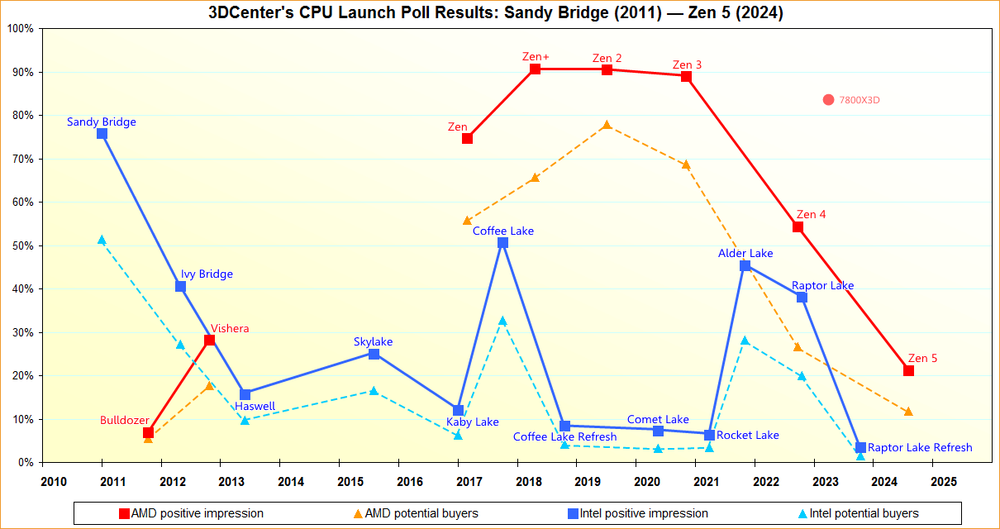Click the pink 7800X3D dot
828,100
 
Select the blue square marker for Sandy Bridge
102,133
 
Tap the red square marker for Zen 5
908,370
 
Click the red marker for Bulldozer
148,433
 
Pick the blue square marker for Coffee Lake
502,243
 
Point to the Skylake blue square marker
374,354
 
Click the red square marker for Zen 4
798,226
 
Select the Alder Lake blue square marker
745,265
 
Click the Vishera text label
230,328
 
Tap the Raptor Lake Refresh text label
920,447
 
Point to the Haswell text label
255,406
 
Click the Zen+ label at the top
536,56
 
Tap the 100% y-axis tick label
19,29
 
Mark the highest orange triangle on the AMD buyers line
607,125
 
